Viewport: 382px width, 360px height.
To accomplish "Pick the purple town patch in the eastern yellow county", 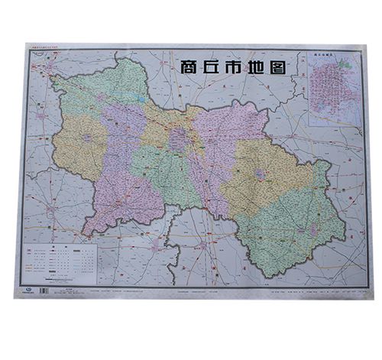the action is point(261,175).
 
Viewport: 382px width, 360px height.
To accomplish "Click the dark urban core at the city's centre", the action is point(180,138).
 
